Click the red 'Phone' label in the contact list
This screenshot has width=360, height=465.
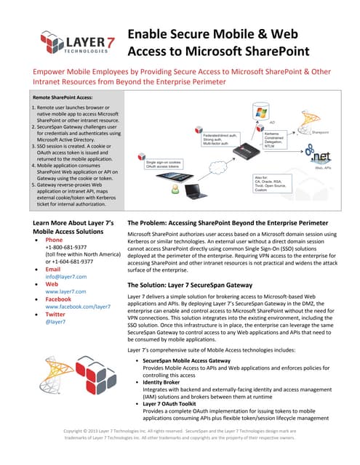tap(54, 240)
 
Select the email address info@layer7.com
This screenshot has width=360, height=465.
tap(65, 276)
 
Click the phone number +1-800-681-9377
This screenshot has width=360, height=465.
tap(69, 248)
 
